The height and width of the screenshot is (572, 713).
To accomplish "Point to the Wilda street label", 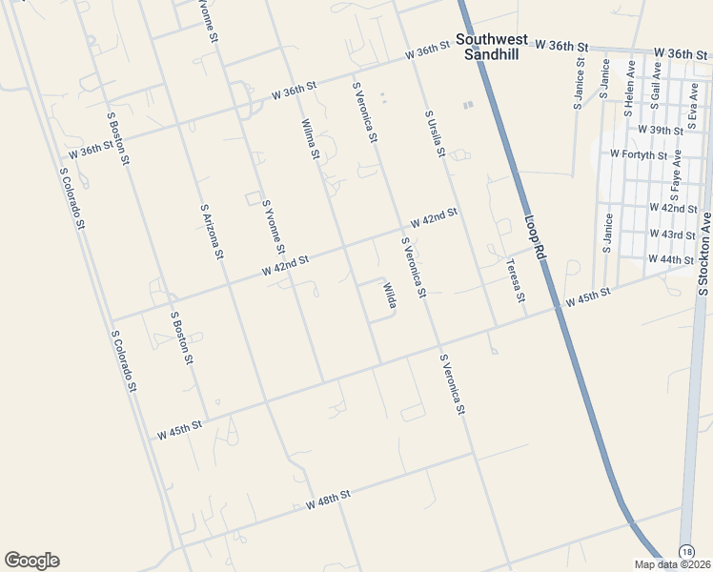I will [389, 295].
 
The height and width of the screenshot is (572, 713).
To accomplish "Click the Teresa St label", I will [515, 281].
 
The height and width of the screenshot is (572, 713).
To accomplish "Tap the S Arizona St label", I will [212, 231].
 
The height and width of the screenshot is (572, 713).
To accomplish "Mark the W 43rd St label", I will [672, 234].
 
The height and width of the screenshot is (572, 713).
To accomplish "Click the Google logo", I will [31, 561].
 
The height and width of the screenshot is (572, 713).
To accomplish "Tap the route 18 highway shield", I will [686, 552].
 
